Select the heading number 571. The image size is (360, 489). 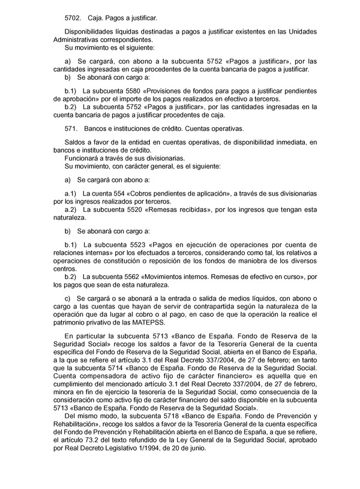tap(70, 129)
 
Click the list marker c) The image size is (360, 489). tap(67, 299)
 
